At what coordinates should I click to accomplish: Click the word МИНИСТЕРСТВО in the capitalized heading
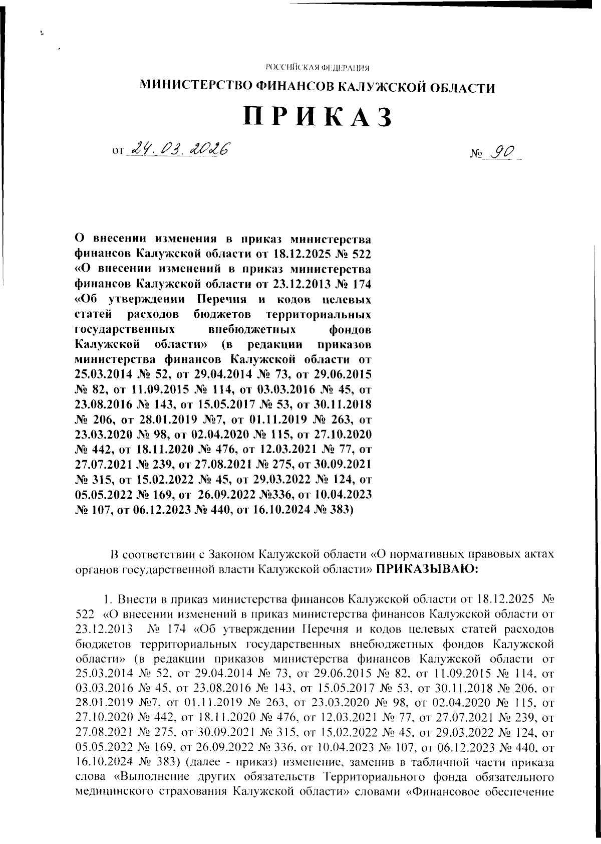coord(195,88)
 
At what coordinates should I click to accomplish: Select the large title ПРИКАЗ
coord(317,117)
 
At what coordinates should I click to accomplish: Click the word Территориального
coord(370,777)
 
